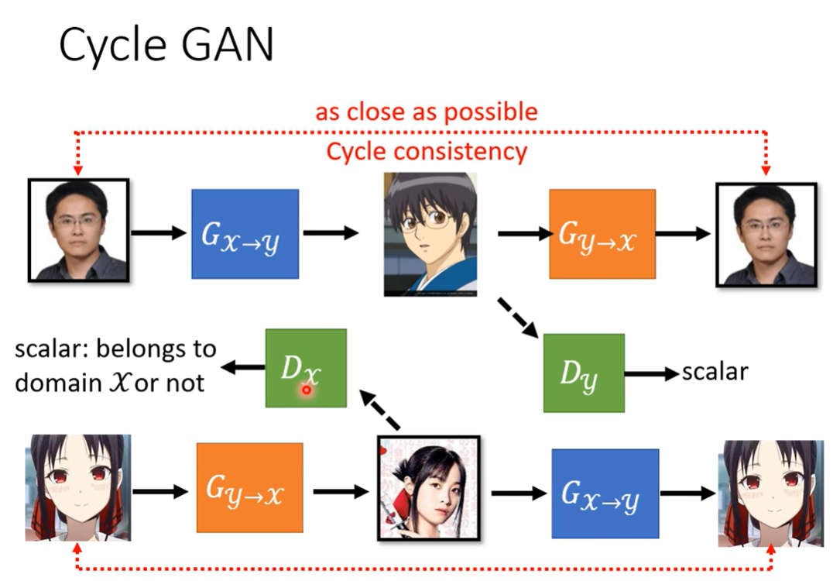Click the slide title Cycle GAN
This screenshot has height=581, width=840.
166,46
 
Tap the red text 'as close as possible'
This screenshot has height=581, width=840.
426,112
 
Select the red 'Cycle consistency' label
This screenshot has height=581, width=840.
426,150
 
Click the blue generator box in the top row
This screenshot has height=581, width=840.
245,233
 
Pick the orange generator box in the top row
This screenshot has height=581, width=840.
602,233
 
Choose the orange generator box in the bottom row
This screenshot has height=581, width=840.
249,487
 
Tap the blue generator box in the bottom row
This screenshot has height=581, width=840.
605,493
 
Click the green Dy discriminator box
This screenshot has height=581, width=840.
584,373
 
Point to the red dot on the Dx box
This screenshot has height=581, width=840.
307,390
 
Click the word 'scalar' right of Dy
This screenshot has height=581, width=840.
715,372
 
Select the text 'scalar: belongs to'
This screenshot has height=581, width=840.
116,349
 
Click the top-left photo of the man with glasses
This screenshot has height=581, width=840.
78,229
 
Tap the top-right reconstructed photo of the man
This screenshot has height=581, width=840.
766,233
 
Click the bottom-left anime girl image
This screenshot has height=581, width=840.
77,488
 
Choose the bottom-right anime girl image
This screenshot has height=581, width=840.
768,493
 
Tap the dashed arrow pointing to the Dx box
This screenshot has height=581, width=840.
381,411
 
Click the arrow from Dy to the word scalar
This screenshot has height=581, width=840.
651,373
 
